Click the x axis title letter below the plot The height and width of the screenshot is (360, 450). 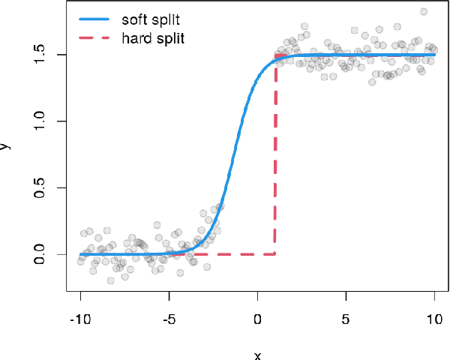click(257, 355)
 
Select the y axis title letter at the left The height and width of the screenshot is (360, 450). click(6, 146)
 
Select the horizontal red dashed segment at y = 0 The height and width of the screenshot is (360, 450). click(225, 254)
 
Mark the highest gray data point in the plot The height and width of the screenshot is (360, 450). click(424, 11)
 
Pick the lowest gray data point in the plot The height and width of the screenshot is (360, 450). click(111, 280)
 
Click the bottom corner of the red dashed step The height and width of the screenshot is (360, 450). click(276, 254)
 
